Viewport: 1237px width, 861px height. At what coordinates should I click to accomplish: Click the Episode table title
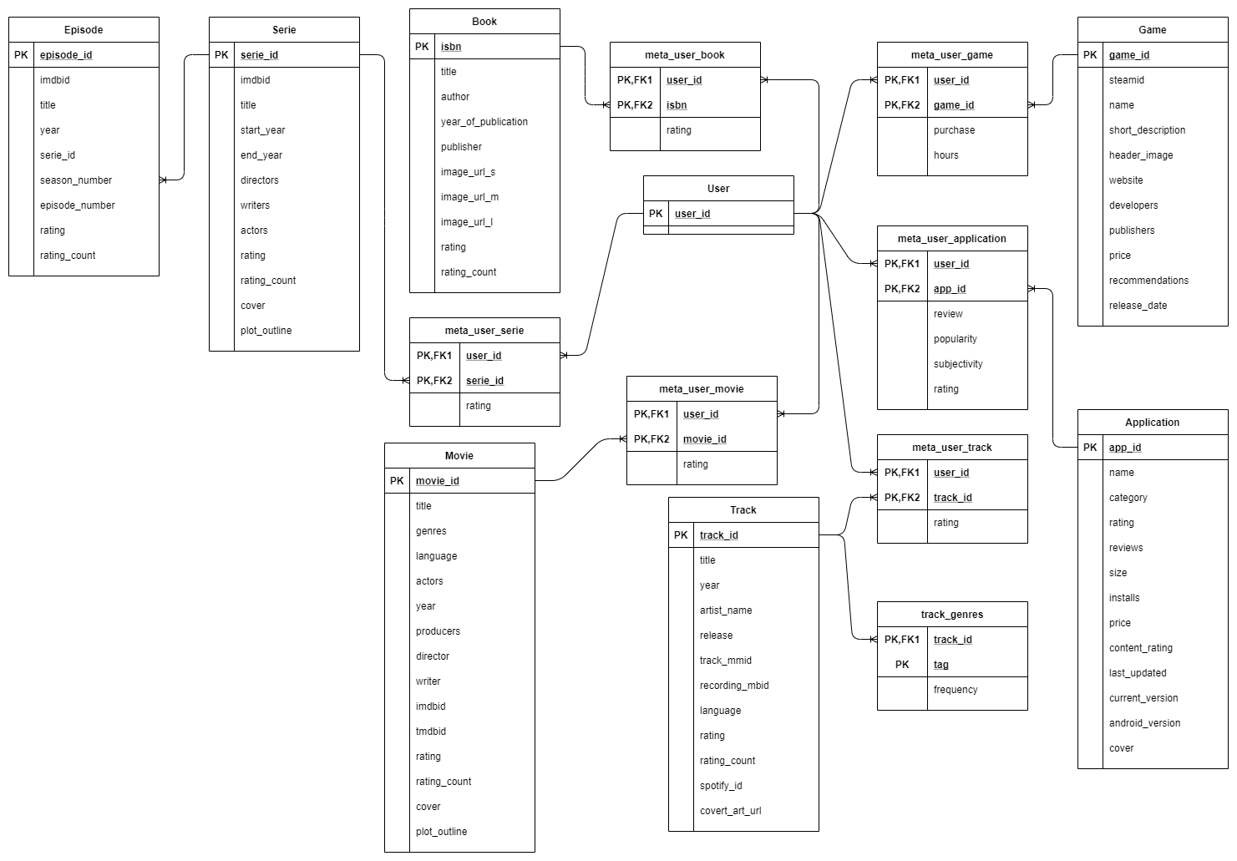click(84, 30)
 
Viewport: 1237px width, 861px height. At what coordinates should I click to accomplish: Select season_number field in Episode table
click(75, 180)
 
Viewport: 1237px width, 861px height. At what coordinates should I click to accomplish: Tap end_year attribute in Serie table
click(261, 155)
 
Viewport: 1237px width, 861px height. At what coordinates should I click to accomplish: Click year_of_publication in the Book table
click(484, 122)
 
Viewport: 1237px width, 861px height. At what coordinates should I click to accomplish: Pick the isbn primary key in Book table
click(451, 47)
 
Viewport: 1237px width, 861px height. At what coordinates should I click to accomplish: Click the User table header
click(718, 189)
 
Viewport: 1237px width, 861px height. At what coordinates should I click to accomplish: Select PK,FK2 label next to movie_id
click(651, 439)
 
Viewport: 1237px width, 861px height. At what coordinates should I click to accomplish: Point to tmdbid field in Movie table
click(431, 732)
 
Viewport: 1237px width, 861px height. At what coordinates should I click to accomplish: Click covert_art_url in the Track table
click(730, 811)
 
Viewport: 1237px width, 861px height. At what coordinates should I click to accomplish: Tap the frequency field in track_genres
click(956, 690)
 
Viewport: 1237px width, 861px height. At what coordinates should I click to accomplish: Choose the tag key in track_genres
click(941, 665)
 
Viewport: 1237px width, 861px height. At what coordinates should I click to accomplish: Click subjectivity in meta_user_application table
click(958, 364)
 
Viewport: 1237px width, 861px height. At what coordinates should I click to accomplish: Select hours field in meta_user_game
click(946, 155)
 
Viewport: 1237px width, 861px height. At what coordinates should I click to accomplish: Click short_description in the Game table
click(1147, 130)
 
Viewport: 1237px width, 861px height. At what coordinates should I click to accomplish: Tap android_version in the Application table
click(1144, 723)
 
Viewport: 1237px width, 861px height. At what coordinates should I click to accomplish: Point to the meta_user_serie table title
click(484, 331)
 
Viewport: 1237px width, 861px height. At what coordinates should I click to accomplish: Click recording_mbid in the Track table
click(734, 686)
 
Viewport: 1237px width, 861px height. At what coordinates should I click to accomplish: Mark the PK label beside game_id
click(1090, 55)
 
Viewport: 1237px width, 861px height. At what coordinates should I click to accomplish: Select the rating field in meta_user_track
click(946, 523)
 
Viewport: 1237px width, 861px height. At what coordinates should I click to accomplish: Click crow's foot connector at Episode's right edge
click(164, 180)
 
